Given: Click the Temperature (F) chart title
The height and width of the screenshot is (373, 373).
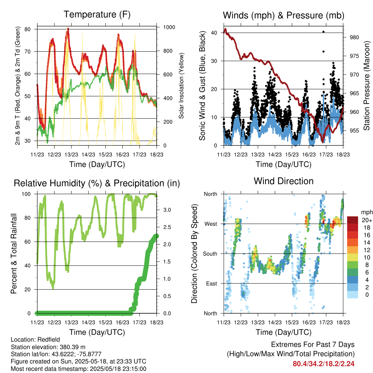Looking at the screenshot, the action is point(97,15).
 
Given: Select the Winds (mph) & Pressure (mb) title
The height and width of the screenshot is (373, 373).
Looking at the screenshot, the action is point(283,15).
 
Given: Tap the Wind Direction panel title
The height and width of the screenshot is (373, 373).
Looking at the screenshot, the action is point(283,181).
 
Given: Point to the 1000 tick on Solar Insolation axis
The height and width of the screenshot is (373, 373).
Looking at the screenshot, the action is point(169,27).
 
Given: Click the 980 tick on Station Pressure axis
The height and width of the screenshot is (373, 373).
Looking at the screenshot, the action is point(354,38).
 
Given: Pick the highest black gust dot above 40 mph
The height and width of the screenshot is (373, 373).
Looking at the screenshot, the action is point(323,32).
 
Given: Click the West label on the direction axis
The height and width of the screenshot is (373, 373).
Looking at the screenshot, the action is point(211,224).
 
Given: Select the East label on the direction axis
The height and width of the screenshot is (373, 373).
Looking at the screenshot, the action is point(212,283).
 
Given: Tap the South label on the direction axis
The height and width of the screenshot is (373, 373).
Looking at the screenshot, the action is point(210,254).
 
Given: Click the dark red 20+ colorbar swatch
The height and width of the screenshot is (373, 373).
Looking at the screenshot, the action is point(352,220).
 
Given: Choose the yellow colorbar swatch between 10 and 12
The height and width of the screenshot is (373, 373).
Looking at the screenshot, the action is point(352,258).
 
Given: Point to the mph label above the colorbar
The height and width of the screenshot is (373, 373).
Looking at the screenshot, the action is point(367,212).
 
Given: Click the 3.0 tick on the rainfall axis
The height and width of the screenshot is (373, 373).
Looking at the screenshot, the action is point(167,210).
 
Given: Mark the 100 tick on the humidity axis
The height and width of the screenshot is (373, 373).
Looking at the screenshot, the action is point(26,194).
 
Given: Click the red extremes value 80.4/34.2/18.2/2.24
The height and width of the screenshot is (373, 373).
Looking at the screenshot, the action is point(323,364).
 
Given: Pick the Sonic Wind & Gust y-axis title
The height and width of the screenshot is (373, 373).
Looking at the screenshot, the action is point(202,86).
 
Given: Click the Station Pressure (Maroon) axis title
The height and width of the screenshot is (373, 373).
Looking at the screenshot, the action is point(366,86).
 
